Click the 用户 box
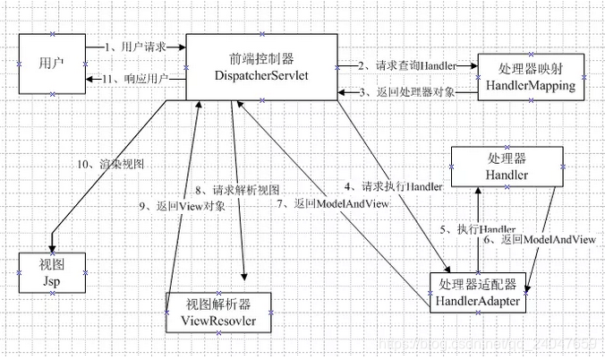coord(51,64)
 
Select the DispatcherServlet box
coord(261,67)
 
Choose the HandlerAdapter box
coord(478,292)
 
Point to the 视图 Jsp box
coord(53,272)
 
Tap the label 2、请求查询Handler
coord(407,64)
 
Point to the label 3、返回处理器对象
coord(406,92)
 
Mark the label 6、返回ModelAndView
coord(539,239)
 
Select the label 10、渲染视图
coord(111,164)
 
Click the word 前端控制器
coord(261,57)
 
